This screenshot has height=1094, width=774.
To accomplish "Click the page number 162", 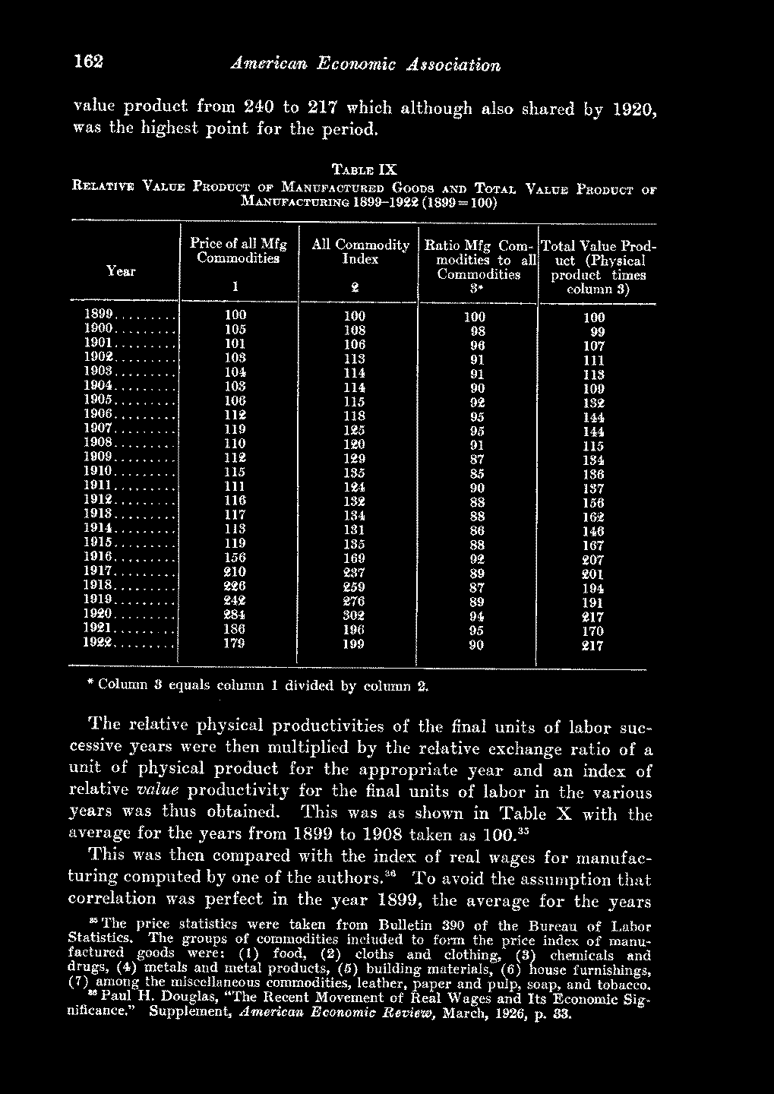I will click(x=88, y=62).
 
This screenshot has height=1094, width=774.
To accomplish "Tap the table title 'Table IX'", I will click(x=364, y=168).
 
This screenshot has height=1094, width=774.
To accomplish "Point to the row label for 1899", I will click(x=99, y=314).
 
